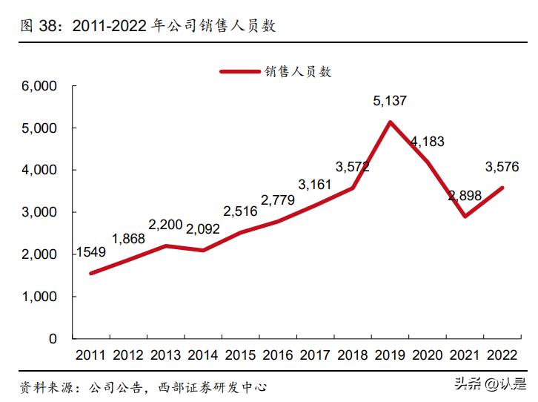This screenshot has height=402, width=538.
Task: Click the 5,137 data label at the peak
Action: [x=390, y=101]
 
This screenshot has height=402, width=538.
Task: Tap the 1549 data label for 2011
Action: [x=90, y=252]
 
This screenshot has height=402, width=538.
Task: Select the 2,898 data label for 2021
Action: [x=464, y=196]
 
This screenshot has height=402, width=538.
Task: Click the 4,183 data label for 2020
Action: [x=427, y=141]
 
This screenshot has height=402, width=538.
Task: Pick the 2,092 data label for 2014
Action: [x=202, y=229]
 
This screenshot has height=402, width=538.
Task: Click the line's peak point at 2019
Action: [x=390, y=122]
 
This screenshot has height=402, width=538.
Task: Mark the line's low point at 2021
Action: [x=464, y=217]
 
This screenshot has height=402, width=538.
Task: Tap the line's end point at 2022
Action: [x=502, y=188]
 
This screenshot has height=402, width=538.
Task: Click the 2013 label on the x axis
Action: [x=165, y=355]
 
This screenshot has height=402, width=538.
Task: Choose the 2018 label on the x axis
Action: [x=352, y=355]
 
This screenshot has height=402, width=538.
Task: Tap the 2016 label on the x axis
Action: [x=277, y=355]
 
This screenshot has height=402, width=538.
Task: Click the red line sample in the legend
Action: [x=240, y=71]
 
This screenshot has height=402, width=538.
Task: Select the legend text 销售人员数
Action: [x=298, y=71]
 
